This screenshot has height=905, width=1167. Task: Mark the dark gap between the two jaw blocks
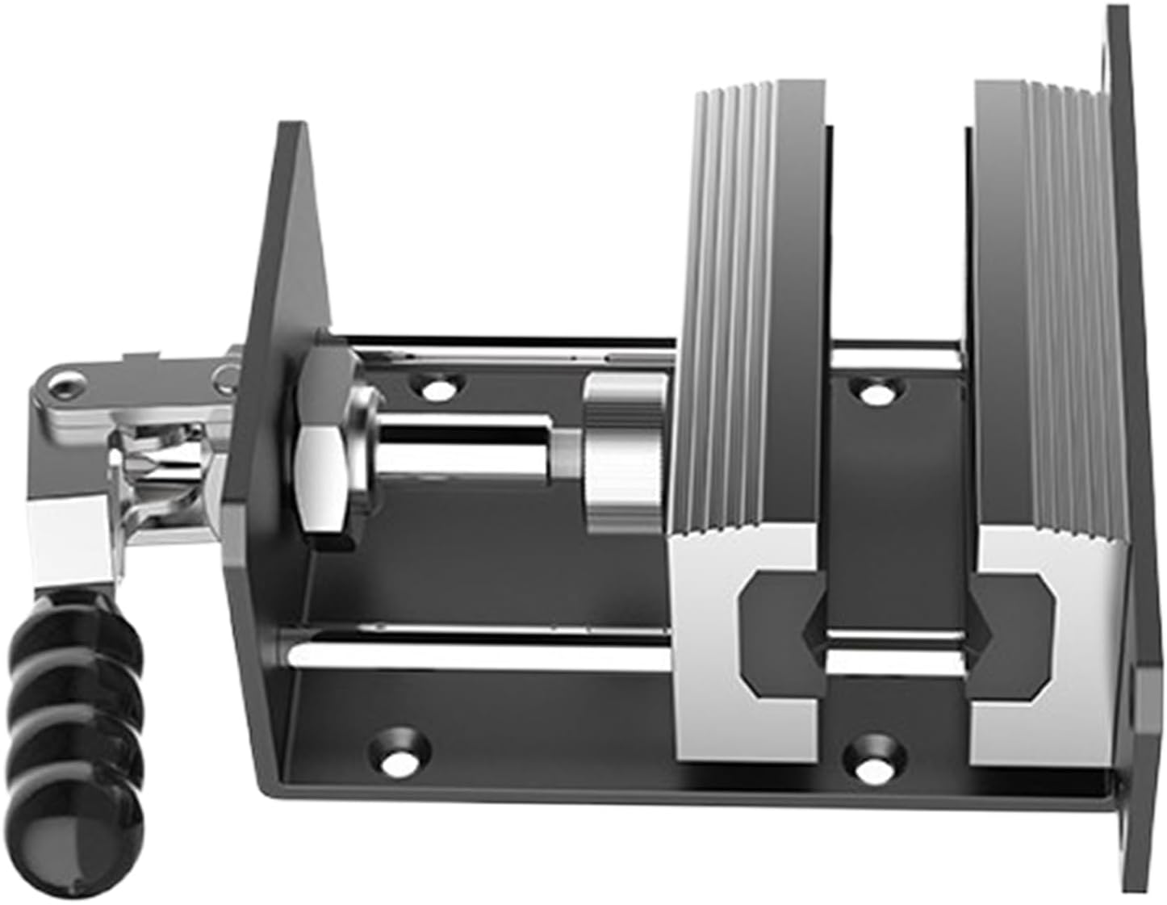tap(896, 242)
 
